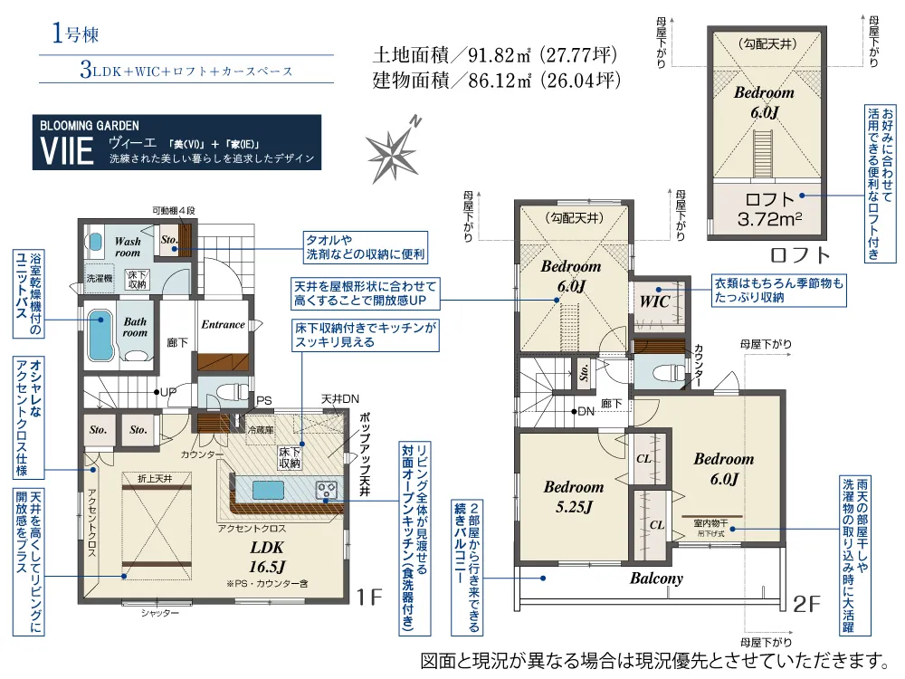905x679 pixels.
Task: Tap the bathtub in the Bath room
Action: coord(100,336)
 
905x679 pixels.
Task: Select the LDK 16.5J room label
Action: coord(267,557)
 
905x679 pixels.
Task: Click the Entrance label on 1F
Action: coord(223,324)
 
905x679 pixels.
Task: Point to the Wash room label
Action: coord(128,246)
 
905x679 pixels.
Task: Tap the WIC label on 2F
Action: coord(654,301)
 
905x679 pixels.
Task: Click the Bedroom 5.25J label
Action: coord(574,496)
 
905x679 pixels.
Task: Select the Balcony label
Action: coord(656,578)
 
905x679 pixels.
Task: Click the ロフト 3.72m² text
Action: coord(770,209)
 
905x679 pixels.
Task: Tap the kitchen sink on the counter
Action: coord(269,490)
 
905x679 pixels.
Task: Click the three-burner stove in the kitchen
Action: coord(326,490)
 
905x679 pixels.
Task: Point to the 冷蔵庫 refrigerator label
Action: coord(261,429)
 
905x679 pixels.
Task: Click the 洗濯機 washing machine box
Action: coord(100,278)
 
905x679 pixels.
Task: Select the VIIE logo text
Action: coord(67,151)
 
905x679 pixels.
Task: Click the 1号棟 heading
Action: coord(76,33)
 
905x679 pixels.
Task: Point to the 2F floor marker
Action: coord(806,603)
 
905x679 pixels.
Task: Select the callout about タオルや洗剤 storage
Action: coord(366,247)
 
